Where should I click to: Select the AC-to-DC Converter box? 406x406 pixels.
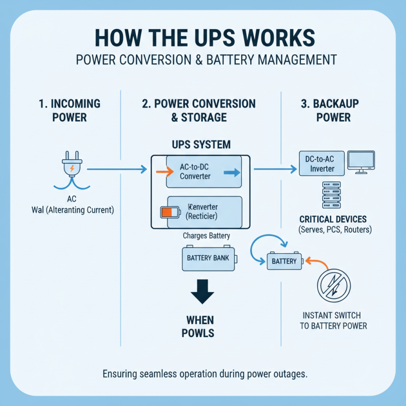pyautogui.click(x=204, y=172)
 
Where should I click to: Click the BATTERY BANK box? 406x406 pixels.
pyautogui.click(x=208, y=258)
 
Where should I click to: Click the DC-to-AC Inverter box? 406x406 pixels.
pyautogui.click(x=321, y=164)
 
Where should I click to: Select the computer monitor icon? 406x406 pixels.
pyautogui.click(x=361, y=162)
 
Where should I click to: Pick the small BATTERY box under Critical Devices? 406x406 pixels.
pyautogui.click(x=284, y=261)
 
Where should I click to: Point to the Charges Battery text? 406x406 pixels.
pyautogui.click(x=207, y=235)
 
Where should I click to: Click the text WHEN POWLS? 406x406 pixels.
pyautogui.click(x=200, y=326)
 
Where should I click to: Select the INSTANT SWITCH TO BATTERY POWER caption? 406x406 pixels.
pyautogui.click(x=333, y=320)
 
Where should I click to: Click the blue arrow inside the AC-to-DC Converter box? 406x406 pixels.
pyautogui.click(x=231, y=173)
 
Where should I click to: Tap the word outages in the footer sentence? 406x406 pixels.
pyautogui.click(x=289, y=375)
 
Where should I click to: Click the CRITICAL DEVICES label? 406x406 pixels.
pyautogui.click(x=333, y=219)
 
